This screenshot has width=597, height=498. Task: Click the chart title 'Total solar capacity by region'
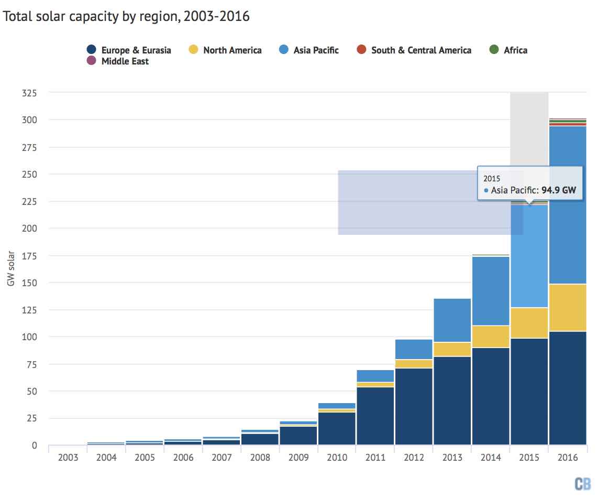click(126, 16)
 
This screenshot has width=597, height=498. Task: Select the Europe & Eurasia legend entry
click(129, 50)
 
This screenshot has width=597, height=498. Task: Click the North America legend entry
click(225, 50)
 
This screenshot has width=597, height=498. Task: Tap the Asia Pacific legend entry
click(309, 50)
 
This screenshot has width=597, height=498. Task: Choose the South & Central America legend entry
click(414, 50)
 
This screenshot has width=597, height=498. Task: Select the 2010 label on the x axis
click(337, 458)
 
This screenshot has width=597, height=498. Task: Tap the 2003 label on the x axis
click(68, 458)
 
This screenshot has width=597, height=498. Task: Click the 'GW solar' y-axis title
click(11, 268)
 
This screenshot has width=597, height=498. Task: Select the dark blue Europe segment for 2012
click(414, 407)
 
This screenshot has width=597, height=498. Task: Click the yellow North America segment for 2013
click(452, 349)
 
